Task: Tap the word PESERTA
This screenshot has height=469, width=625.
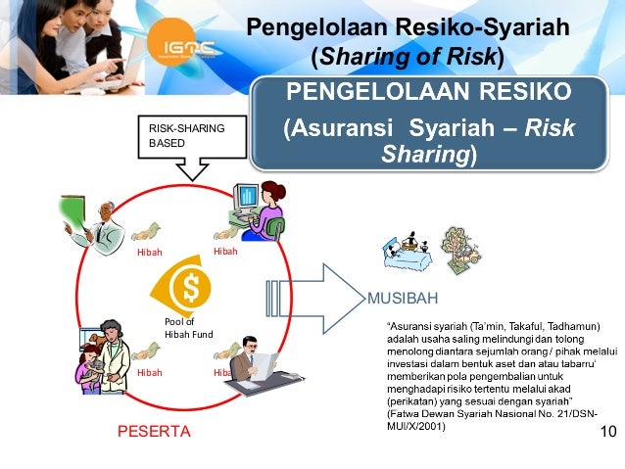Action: click(x=149, y=430)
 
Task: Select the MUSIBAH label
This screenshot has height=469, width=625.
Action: click(x=402, y=297)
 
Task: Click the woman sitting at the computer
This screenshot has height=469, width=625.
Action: click(x=257, y=210)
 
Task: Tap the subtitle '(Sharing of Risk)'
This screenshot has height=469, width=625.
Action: click(x=407, y=58)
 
